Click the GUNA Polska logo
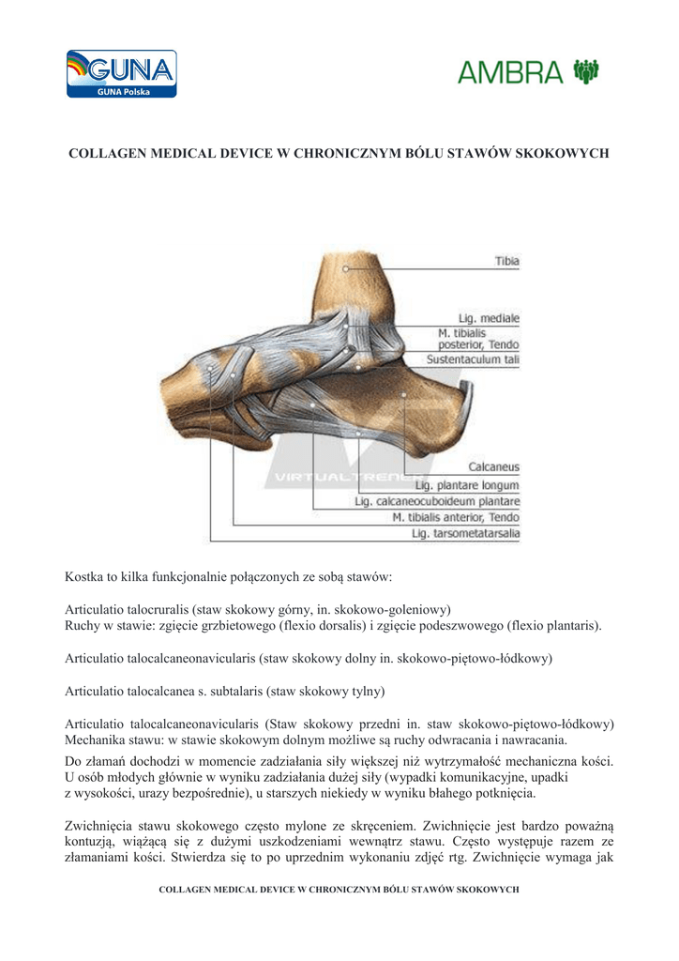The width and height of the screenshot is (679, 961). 121,74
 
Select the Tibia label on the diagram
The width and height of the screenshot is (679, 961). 507,261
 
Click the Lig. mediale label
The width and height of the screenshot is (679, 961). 488,319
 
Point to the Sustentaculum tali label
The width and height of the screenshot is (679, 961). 473,359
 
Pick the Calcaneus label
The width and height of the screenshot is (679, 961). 493,466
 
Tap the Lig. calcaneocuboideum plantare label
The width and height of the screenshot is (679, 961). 436,501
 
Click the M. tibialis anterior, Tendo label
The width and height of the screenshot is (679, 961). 455,517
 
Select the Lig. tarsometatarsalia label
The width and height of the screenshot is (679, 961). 465,534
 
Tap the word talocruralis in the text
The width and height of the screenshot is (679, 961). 181,608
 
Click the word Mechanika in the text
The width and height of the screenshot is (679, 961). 98,740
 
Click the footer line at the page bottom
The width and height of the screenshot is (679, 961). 339,888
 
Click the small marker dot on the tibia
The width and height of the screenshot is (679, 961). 346,269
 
